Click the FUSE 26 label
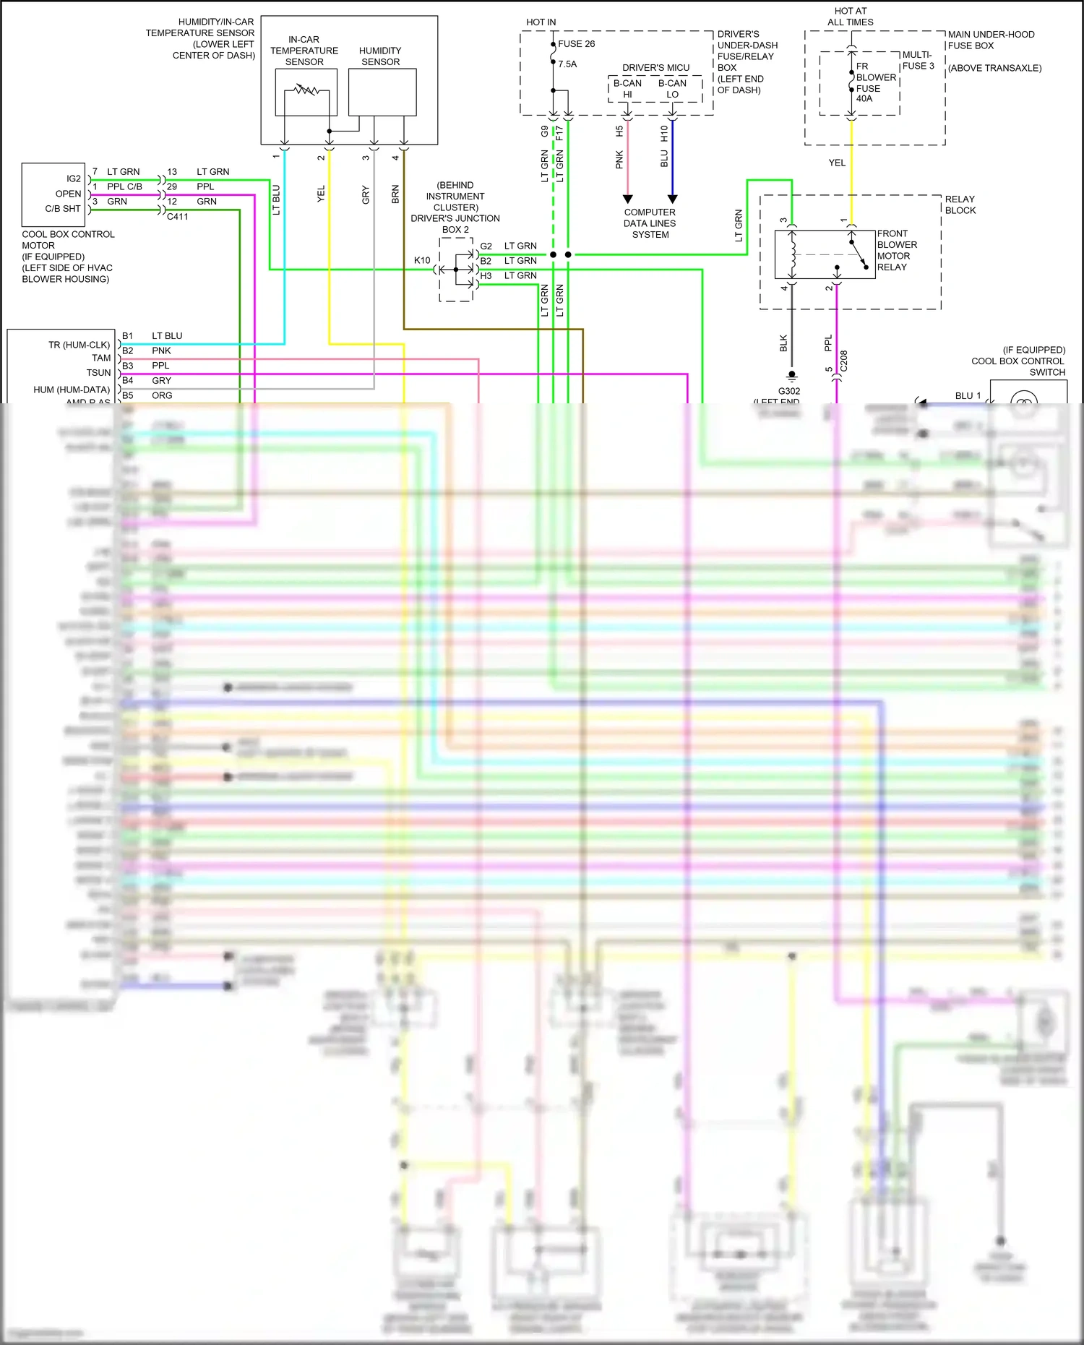576,44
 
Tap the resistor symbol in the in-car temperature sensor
306,90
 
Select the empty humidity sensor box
382,93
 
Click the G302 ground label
789,391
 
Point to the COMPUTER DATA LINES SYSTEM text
650,223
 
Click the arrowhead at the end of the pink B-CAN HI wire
627,199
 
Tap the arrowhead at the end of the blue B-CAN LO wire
672,199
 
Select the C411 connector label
178,216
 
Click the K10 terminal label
422,260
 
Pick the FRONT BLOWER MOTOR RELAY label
897,250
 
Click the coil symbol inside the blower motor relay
792,254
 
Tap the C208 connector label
843,361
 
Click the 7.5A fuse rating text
567,64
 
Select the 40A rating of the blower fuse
864,99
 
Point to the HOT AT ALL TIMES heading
851,17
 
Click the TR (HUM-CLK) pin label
79,345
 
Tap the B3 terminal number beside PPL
128,366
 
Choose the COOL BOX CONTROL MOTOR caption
68,240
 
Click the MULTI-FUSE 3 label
918,60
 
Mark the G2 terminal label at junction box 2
486,246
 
